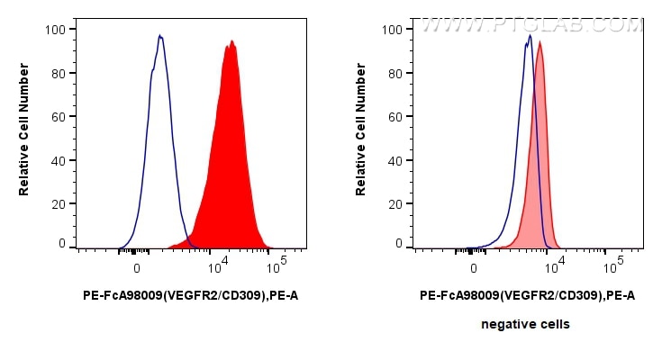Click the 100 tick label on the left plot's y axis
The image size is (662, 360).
point(57,29)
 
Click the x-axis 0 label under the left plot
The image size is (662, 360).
point(137,267)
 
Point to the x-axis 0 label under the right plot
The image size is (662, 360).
point(474,267)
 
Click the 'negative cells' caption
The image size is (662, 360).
point(525,324)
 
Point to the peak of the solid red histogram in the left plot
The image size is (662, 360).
point(231,40)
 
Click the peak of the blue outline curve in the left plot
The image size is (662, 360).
point(159,36)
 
